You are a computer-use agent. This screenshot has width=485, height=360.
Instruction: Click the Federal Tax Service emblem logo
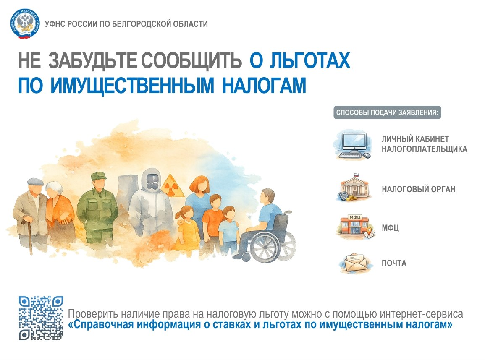(x=25, y=24)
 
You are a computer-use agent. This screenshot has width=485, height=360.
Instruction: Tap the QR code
(x=41, y=318)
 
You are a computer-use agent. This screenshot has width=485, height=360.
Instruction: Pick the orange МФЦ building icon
(x=354, y=228)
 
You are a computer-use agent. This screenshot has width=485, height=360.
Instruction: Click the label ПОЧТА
(x=394, y=263)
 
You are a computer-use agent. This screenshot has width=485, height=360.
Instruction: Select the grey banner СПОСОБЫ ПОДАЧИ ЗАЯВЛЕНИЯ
(x=387, y=113)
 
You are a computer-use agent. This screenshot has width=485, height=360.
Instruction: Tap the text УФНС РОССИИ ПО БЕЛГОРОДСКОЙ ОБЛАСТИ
(x=126, y=24)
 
